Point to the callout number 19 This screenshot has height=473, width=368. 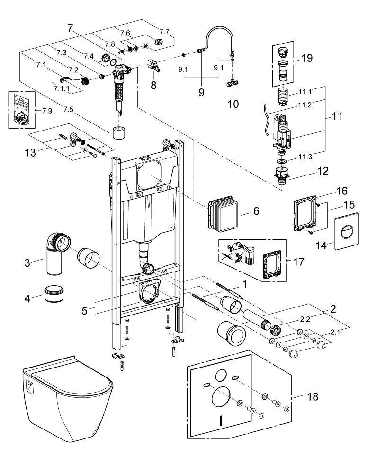307,59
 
